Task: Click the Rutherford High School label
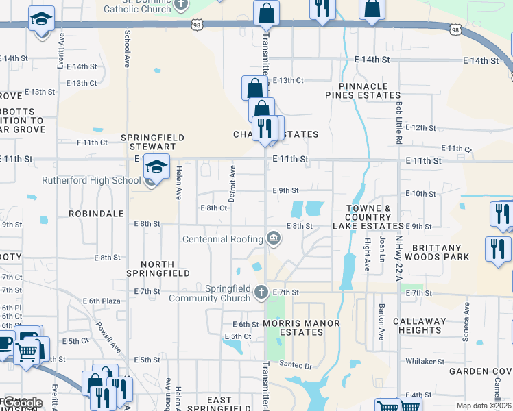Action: click(91, 181)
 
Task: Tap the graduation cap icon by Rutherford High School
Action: click(156, 167)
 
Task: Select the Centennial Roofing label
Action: click(223, 239)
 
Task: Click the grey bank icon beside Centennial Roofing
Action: click(273, 238)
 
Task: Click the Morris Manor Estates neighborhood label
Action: click(292, 327)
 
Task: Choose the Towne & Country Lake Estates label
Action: click(368, 216)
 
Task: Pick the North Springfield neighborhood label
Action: click(158, 269)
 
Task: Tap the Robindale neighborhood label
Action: click(95, 214)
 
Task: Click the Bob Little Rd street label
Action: click(398, 123)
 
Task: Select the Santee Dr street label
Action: click(298, 366)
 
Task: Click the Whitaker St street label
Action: click(425, 361)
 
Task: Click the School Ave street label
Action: click(127, 49)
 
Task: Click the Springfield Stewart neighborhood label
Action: click(153, 142)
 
